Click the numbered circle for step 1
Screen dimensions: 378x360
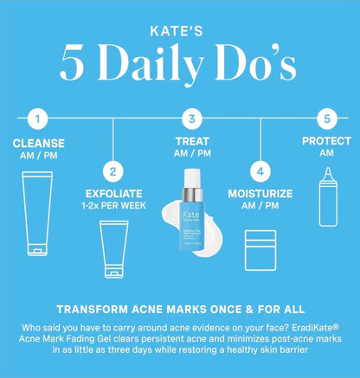click(x=36, y=119)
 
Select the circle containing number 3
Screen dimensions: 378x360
click(x=192, y=119)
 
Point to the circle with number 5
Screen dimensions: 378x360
click(x=326, y=119)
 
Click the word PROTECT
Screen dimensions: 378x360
click(x=325, y=140)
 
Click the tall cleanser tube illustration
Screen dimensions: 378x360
click(x=36, y=212)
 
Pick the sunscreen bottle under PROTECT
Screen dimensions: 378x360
click(x=325, y=204)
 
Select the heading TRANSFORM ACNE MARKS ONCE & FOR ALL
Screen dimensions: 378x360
click(x=180, y=307)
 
